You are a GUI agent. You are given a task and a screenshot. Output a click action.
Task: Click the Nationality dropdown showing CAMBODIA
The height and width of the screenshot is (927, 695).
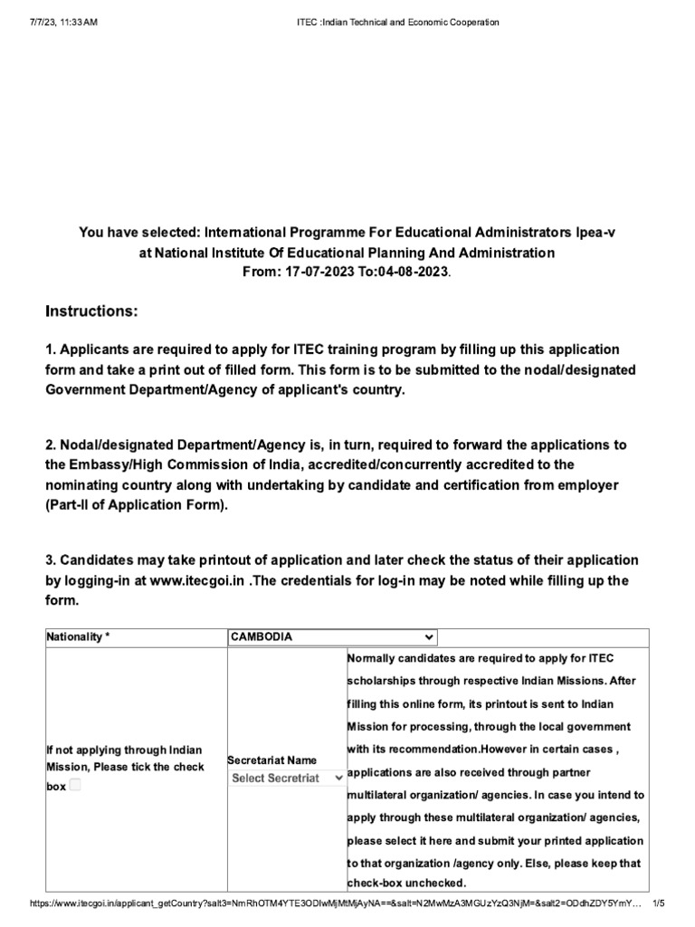click(x=332, y=636)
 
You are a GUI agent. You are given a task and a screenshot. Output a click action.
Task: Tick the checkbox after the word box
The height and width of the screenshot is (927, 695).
click(x=75, y=786)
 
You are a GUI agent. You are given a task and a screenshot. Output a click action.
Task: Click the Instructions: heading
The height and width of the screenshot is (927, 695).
click(x=91, y=311)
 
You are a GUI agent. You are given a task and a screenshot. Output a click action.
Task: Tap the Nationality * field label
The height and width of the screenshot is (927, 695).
click(x=77, y=637)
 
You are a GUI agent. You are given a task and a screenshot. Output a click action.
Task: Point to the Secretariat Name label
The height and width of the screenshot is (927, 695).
click(x=271, y=760)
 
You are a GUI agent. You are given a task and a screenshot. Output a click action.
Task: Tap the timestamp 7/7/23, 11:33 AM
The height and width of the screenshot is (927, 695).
click(x=52, y=22)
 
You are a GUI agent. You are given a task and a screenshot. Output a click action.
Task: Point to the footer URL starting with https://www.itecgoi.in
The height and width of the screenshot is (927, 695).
click(x=335, y=903)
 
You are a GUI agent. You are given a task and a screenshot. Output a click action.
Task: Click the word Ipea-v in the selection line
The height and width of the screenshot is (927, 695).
click(x=595, y=233)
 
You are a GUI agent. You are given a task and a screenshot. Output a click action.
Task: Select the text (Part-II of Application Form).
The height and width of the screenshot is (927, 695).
click(x=136, y=505)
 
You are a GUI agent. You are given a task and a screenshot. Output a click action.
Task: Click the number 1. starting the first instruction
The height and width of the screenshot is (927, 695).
click(x=51, y=349)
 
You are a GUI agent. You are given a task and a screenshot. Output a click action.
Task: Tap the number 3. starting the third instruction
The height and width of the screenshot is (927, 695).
click(x=51, y=560)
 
